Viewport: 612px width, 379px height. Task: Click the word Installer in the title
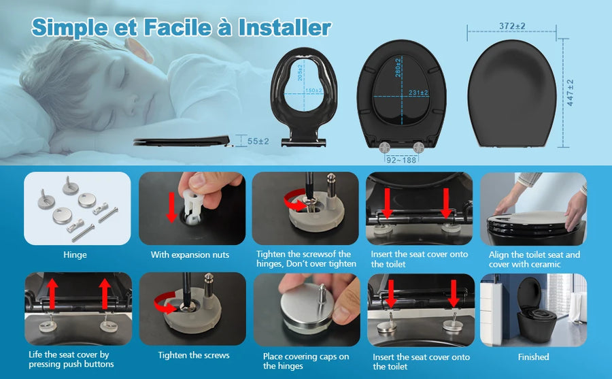pos(285,27)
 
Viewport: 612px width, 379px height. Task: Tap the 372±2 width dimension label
pos(512,26)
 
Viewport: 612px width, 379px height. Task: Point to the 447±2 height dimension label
pos(571,93)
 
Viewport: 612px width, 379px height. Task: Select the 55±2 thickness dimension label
pos(258,141)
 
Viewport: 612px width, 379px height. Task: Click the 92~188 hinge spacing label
pos(401,160)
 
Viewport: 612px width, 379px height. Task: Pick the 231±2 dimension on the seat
pos(418,93)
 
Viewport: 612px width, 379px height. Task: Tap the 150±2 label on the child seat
pos(313,90)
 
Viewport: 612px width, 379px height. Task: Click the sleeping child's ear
pos(139,50)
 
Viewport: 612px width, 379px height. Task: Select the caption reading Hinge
pos(75,254)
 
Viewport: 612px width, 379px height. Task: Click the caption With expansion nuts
pos(190,254)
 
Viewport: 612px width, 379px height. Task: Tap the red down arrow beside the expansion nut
pos(172,207)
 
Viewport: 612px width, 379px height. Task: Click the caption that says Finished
pos(534,357)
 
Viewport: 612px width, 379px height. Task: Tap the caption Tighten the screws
pos(194,355)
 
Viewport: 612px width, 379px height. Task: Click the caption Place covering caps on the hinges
pos(306,361)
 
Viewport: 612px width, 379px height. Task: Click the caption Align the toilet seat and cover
pos(534,259)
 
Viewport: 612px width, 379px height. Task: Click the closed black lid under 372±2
pos(511,94)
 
